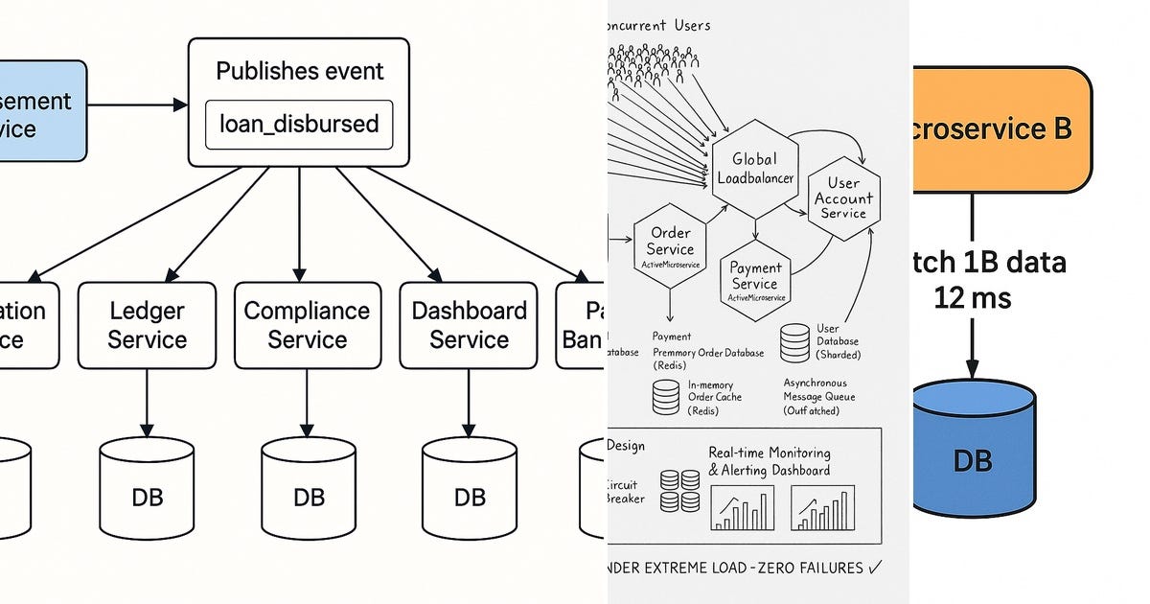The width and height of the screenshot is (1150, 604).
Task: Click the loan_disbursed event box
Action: pos(299,125)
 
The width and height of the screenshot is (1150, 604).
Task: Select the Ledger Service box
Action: pos(147,325)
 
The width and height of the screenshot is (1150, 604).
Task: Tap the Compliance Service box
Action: pos(307,325)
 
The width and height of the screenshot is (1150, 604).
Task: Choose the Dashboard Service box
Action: pos(469,325)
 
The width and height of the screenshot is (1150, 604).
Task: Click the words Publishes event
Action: pos(299,72)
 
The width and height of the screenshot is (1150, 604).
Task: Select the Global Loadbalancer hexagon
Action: pos(754,168)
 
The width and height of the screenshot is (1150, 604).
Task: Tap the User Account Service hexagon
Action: pos(843,197)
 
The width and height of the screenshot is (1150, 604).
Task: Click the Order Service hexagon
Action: pos(671,244)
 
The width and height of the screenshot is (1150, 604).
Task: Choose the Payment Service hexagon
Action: pos(755,278)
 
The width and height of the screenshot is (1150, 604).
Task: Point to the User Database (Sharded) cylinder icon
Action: pos(794,343)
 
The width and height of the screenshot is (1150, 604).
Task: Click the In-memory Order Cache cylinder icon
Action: pos(666,397)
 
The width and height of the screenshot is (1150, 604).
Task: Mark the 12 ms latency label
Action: pos(973,298)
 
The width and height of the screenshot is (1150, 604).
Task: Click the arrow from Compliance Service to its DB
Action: pos(308,403)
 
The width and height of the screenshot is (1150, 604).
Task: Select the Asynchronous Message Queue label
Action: pos(818,389)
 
